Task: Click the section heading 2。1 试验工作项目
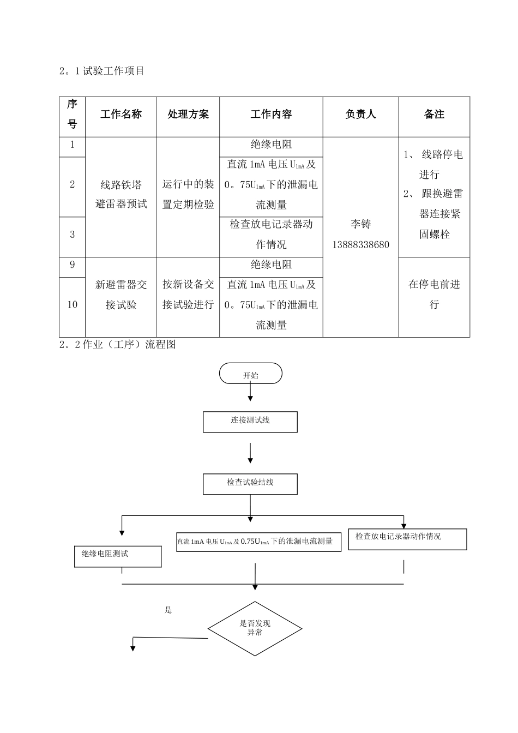(101, 71)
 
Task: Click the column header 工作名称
(121, 115)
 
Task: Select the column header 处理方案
(188, 115)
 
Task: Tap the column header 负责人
(360, 115)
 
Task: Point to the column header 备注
(434, 115)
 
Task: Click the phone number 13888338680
(361, 245)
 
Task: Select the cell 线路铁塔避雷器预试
(121, 195)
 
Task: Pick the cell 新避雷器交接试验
(121, 295)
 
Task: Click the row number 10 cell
(73, 305)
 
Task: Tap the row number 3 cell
(73, 235)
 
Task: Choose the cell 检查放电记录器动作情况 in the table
(271, 235)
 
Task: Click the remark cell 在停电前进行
(434, 295)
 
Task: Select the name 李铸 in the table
(361, 224)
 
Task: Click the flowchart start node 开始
(251, 375)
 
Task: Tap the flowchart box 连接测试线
(250, 421)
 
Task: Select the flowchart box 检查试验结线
(250, 483)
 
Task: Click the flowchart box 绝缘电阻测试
(118, 556)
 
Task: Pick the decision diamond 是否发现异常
(255, 628)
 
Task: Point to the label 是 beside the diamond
(168, 610)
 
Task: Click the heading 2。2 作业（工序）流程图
(118, 345)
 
